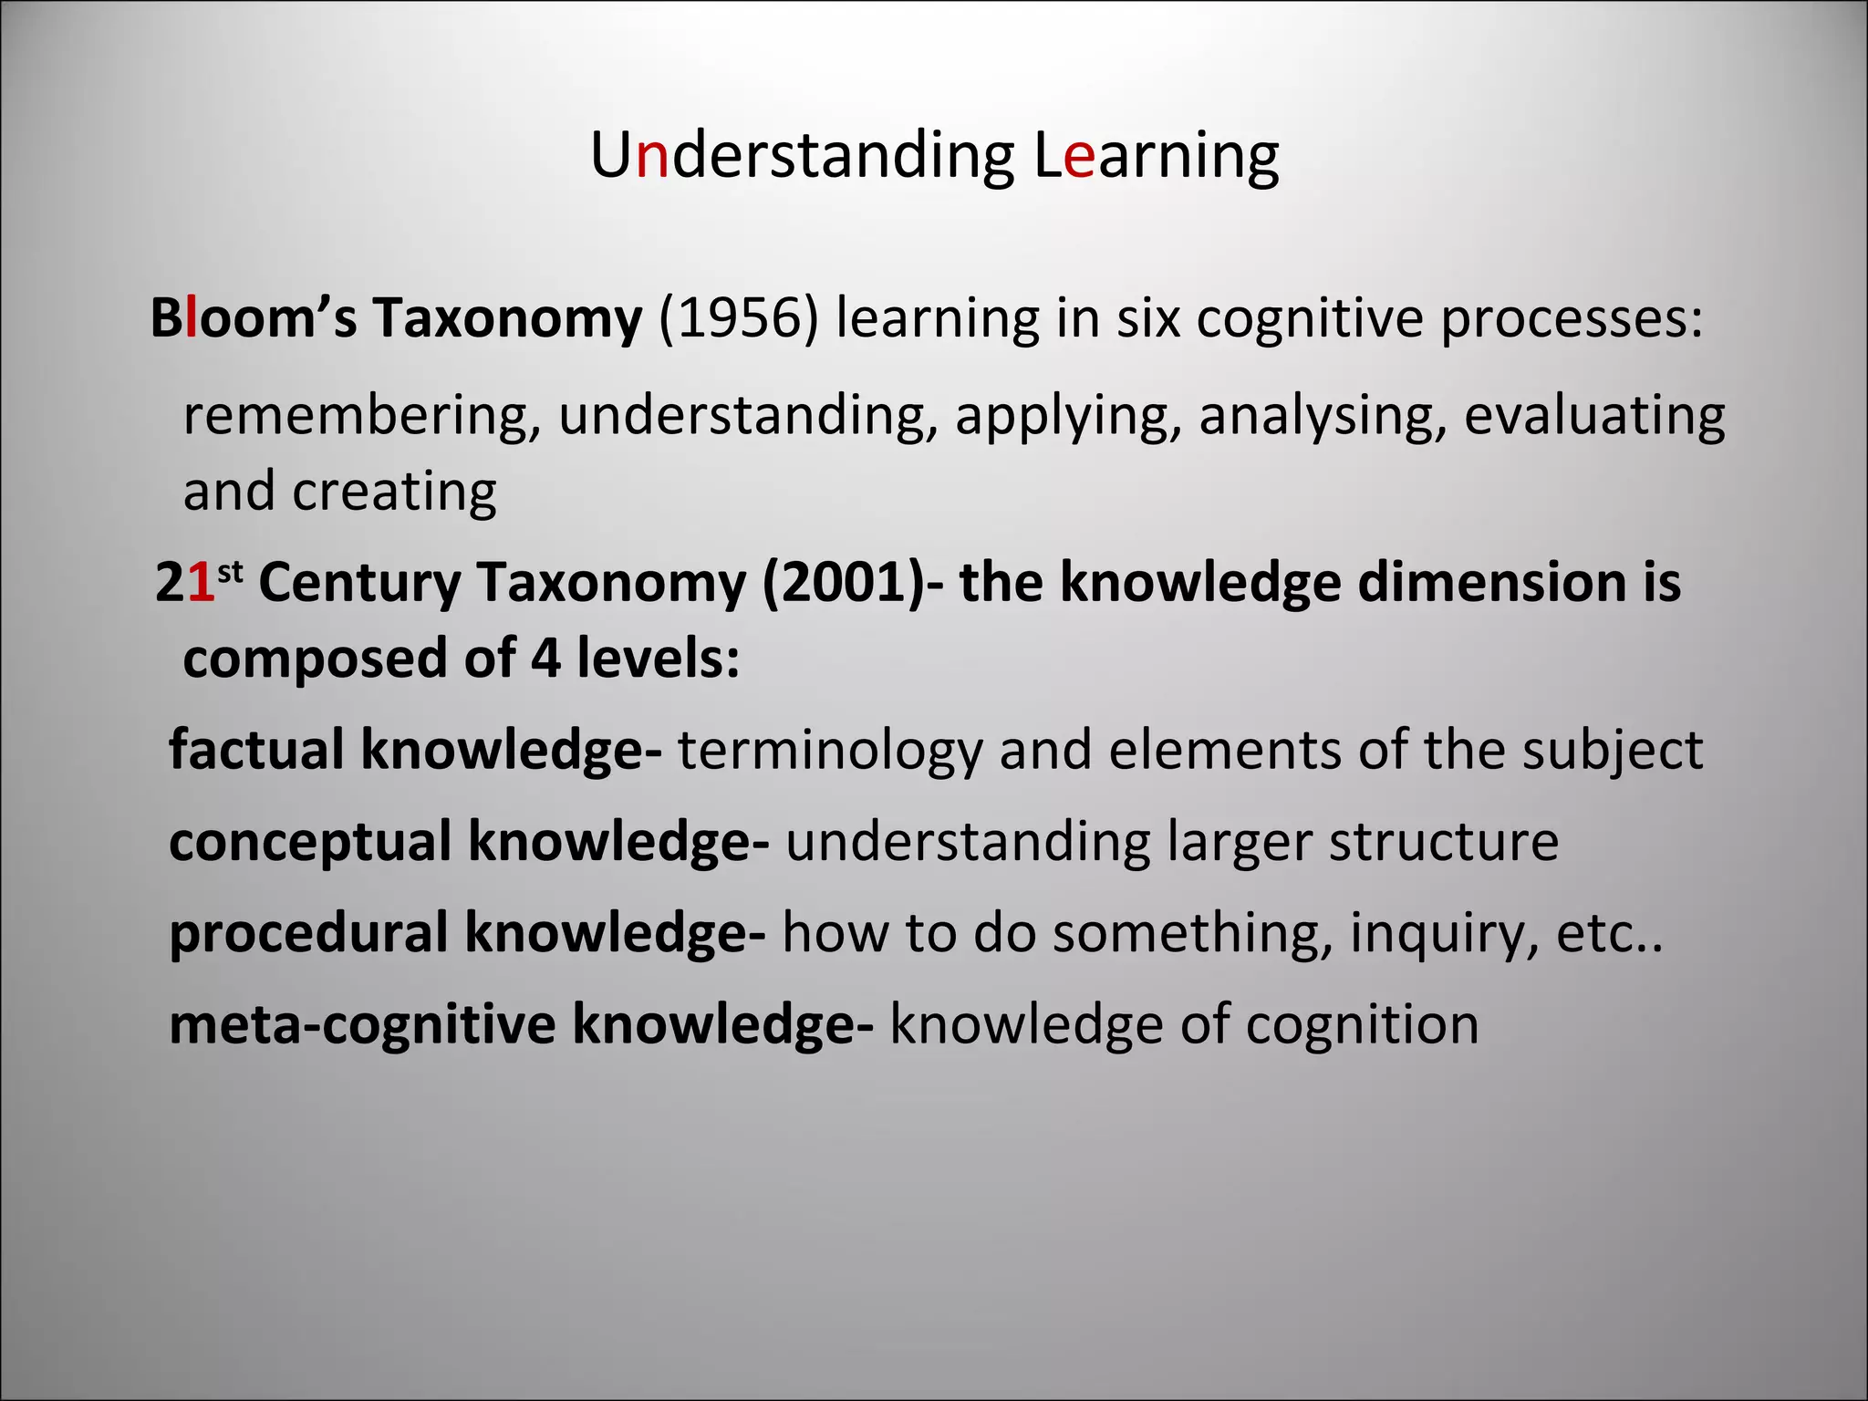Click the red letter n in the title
[x=652, y=156]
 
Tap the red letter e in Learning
[x=1079, y=156]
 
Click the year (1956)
[x=738, y=318]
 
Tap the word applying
[x=1068, y=416]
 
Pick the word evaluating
[x=1594, y=416]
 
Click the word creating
[x=394, y=493]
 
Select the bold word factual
[x=256, y=750]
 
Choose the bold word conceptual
[x=310, y=841]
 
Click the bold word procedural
[x=308, y=933]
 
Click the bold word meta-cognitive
[x=362, y=1024]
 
